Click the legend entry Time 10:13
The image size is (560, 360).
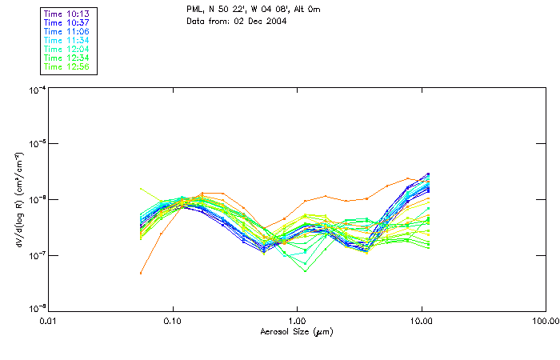coord(67,14)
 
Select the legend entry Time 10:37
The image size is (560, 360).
coord(67,22)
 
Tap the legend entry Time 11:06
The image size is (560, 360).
coord(67,31)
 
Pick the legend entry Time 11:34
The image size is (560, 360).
coord(67,40)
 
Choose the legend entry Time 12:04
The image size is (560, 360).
coord(67,49)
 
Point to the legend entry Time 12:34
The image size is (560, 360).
coord(67,58)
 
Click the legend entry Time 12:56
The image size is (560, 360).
coord(67,66)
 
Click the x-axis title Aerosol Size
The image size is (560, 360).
coord(297,330)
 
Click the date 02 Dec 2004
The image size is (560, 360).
coord(255,20)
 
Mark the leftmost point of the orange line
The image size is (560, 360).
coord(141,273)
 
